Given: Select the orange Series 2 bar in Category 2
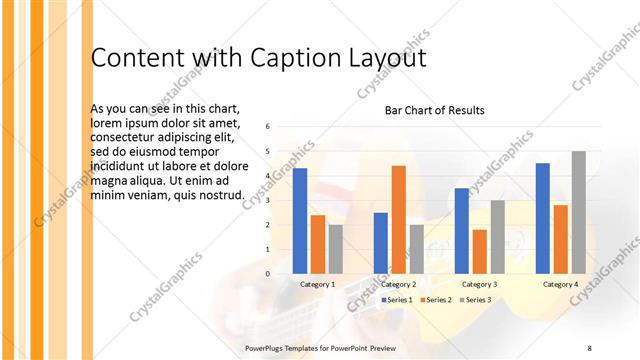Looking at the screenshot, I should (398, 219).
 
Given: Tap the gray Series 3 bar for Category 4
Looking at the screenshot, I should (578, 212).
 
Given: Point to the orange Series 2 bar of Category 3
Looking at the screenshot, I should (480, 251).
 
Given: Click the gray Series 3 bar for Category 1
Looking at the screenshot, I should (335, 249).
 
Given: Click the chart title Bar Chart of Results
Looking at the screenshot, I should (435, 110).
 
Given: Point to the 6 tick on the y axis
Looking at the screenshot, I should (268, 127).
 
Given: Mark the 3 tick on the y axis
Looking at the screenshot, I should (268, 200).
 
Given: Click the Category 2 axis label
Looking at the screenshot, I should (399, 284).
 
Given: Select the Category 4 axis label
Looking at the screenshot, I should (560, 284).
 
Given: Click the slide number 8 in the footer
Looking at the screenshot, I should (590, 347).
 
